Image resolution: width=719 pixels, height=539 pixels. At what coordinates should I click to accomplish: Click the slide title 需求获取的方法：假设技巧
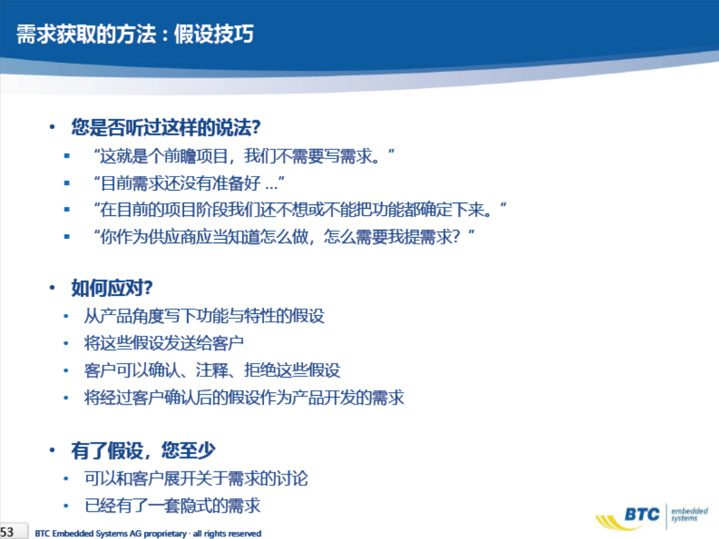pyautogui.click(x=135, y=34)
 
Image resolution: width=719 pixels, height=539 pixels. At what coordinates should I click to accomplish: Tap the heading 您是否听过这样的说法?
pyautogui.click(x=166, y=127)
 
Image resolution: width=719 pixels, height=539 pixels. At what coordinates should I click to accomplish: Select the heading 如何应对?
pyautogui.click(x=112, y=287)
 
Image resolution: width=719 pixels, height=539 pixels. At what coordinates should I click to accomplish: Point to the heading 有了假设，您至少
pyautogui.click(x=143, y=450)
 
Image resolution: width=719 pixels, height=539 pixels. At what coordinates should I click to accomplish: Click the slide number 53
pyautogui.click(x=7, y=532)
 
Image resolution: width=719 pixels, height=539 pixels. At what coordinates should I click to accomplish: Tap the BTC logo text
pyautogui.click(x=642, y=514)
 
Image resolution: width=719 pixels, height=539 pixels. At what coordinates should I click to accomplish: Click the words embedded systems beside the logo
pyautogui.click(x=689, y=514)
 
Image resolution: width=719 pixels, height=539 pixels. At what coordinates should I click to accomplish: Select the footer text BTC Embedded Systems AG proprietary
pyautogui.click(x=111, y=533)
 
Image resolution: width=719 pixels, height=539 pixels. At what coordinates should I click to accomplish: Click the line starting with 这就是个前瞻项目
pyautogui.click(x=244, y=156)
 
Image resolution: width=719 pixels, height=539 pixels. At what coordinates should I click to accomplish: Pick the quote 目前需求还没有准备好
pyautogui.click(x=189, y=183)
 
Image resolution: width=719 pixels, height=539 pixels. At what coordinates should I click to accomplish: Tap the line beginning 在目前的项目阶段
pyautogui.click(x=300, y=210)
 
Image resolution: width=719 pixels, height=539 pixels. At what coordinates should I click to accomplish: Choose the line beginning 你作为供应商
pyautogui.click(x=284, y=237)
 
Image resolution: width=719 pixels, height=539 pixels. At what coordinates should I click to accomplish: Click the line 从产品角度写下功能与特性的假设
pyautogui.click(x=204, y=316)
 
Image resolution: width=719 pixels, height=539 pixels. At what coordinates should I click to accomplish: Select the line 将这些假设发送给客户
pyautogui.click(x=164, y=342)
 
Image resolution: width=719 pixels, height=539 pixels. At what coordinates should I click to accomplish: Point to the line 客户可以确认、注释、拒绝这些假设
pyautogui.click(x=212, y=370)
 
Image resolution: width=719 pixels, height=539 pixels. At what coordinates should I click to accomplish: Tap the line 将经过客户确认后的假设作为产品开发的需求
pyautogui.click(x=244, y=397)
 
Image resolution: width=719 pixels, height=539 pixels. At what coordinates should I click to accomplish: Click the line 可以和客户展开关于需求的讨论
pyautogui.click(x=196, y=478)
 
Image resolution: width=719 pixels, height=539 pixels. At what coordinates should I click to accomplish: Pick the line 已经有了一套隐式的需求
pyautogui.click(x=172, y=505)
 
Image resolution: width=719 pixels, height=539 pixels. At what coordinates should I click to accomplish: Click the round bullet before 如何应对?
pyautogui.click(x=52, y=288)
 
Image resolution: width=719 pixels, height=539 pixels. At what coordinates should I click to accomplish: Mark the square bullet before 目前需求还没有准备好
pyautogui.click(x=67, y=183)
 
